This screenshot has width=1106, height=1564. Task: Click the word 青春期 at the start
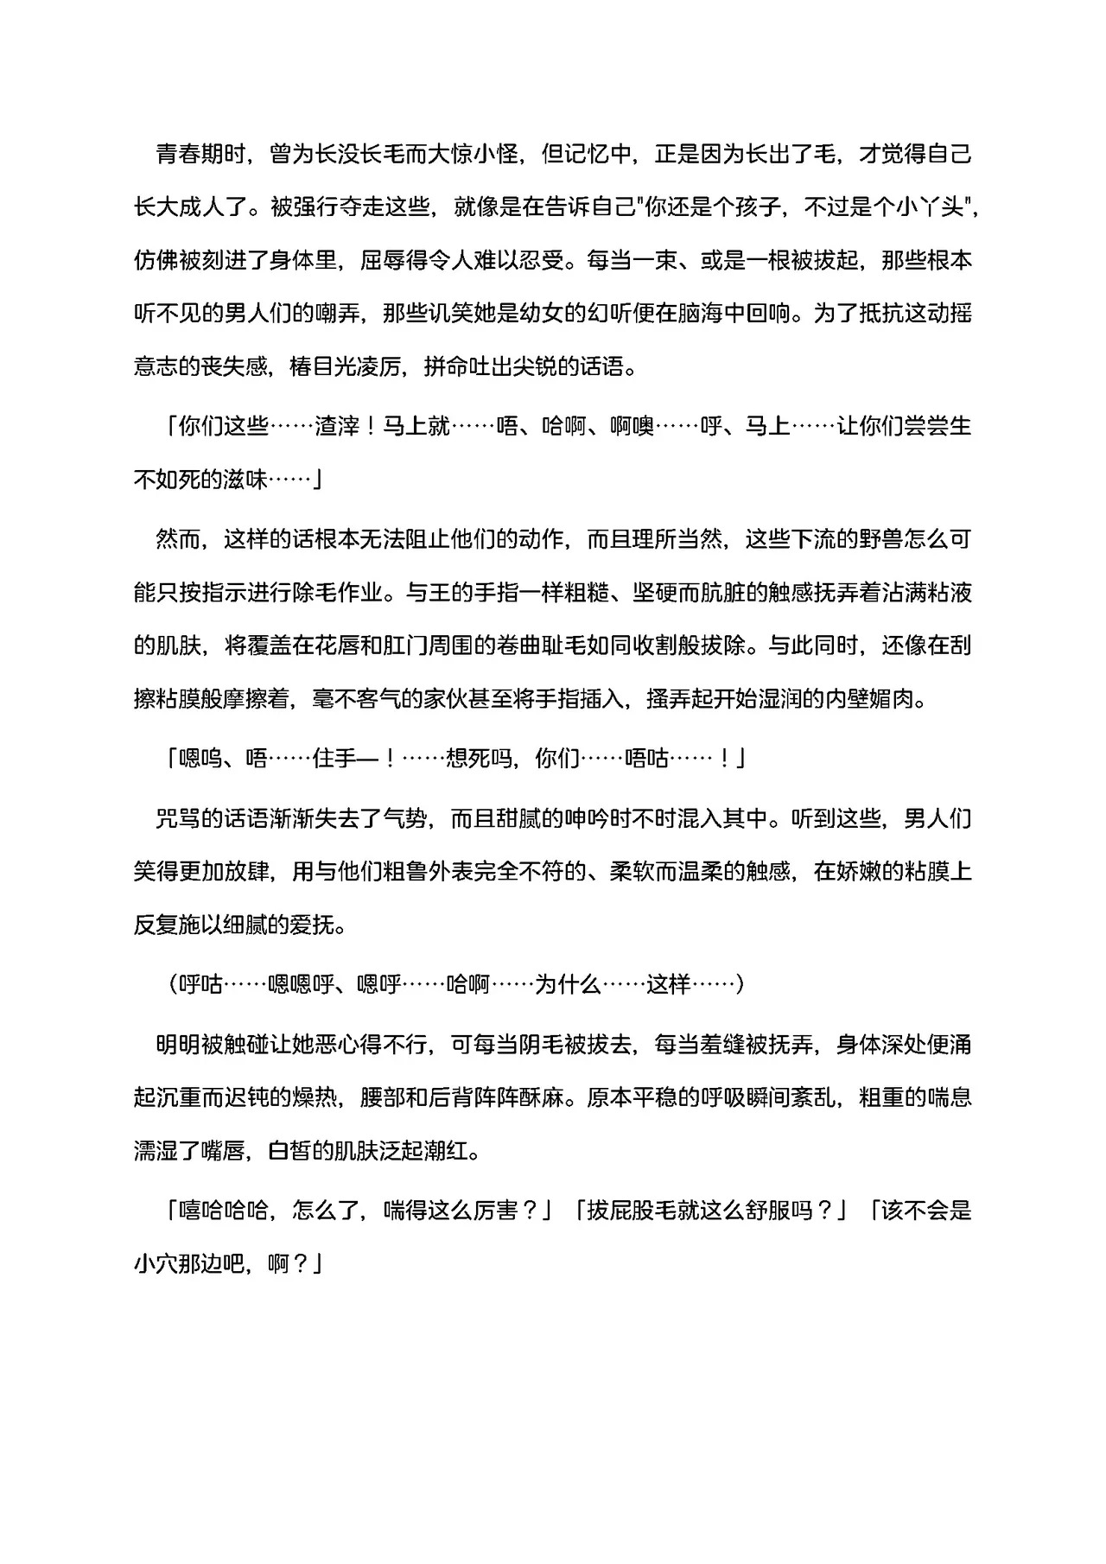(190, 155)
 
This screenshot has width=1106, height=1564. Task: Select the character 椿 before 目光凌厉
(300, 366)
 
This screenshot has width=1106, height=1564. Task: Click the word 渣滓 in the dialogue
(337, 427)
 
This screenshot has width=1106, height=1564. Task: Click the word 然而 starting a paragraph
(179, 540)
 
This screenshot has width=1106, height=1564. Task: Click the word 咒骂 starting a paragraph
(179, 818)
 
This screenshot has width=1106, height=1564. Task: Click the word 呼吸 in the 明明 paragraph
(722, 1097)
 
